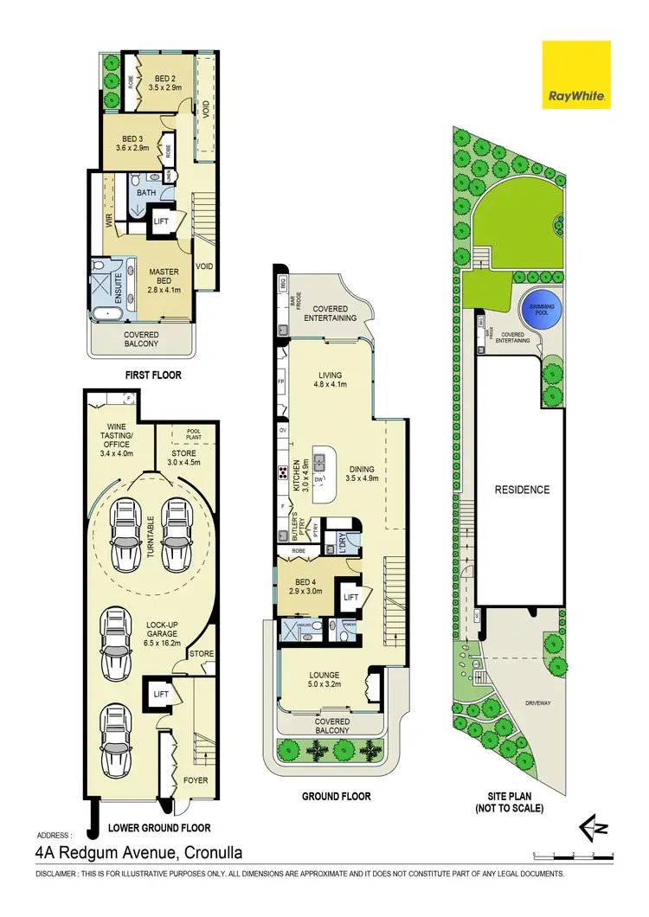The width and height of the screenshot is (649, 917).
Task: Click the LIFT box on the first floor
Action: point(161,221)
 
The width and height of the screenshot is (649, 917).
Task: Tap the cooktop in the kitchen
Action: point(282,472)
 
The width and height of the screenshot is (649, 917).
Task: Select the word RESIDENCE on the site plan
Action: point(522,490)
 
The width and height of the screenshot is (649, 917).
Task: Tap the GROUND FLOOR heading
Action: point(337,796)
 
